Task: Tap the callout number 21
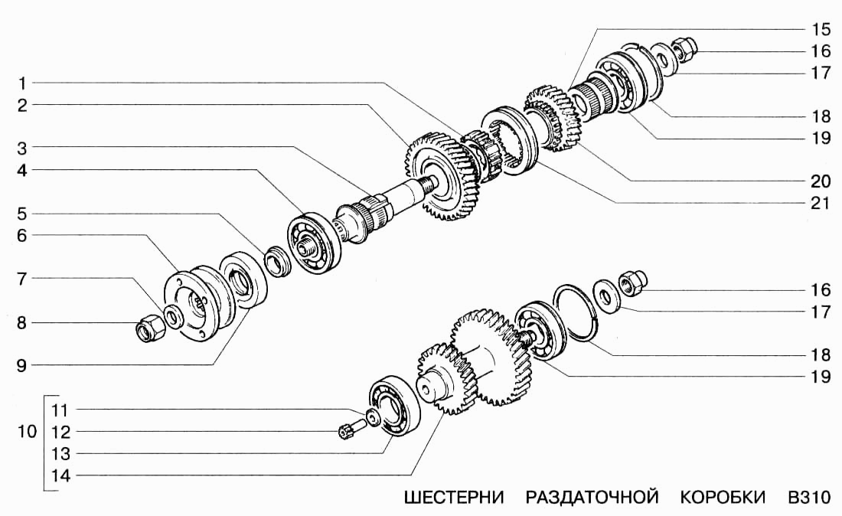tap(820, 203)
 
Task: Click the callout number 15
tap(820, 30)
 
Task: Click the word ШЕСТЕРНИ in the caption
tap(453, 498)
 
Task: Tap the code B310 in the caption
tap(808, 498)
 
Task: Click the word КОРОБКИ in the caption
tap(723, 498)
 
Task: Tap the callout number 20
tap(820, 181)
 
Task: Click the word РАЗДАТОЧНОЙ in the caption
tap(592, 498)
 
